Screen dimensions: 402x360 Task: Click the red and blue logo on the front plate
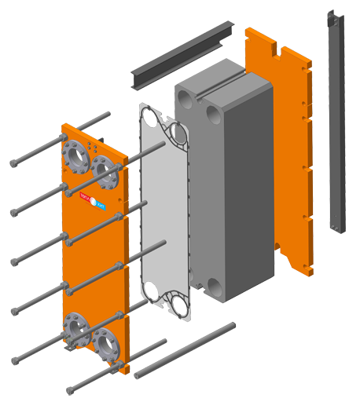(93, 200)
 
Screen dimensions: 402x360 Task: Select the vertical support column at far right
(338, 141)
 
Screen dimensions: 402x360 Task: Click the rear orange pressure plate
(283, 149)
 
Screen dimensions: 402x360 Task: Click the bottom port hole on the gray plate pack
(211, 286)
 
